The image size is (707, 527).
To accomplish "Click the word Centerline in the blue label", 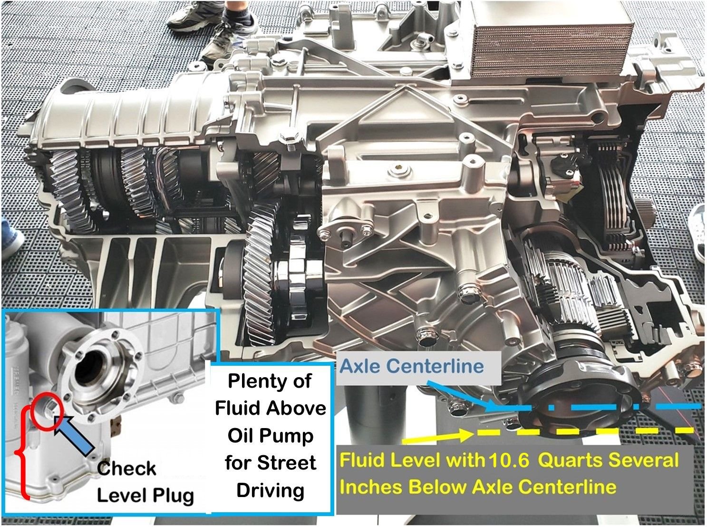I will coord(435,366).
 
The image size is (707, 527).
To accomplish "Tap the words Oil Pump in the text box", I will coord(270,436).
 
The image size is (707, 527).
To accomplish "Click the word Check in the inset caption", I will coord(126,468).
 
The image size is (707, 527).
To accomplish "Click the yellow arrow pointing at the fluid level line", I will coord(437,436).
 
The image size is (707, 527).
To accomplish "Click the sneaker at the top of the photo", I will coord(219,33).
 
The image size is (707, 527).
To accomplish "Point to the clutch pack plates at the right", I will coord(613,190).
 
